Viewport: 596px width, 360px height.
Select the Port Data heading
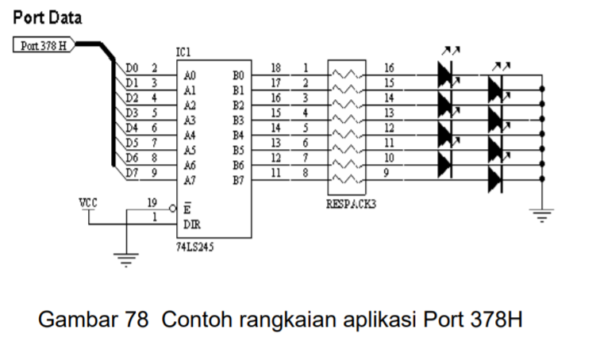pyautogui.click(x=47, y=17)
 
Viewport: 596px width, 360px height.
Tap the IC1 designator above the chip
pyautogui.click(x=184, y=52)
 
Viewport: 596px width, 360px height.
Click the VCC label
pyautogui.click(x=88, y=202)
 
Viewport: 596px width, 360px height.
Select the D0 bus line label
pyautogui.click(x=132, y=70)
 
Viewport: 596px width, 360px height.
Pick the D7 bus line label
pyautogui.click(x=132, y=172)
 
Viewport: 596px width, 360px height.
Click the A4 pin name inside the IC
pyautogui.click(x=189, y=136)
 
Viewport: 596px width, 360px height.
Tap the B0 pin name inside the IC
pyautogui.click(x=238, y=76)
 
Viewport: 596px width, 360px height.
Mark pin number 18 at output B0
pyautogui.click(x=275, y=68)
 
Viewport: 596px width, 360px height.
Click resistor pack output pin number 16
pyautogui.click(x=389, y=68)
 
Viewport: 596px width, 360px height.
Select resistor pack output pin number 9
pyautogui.click(x=387, y=172)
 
